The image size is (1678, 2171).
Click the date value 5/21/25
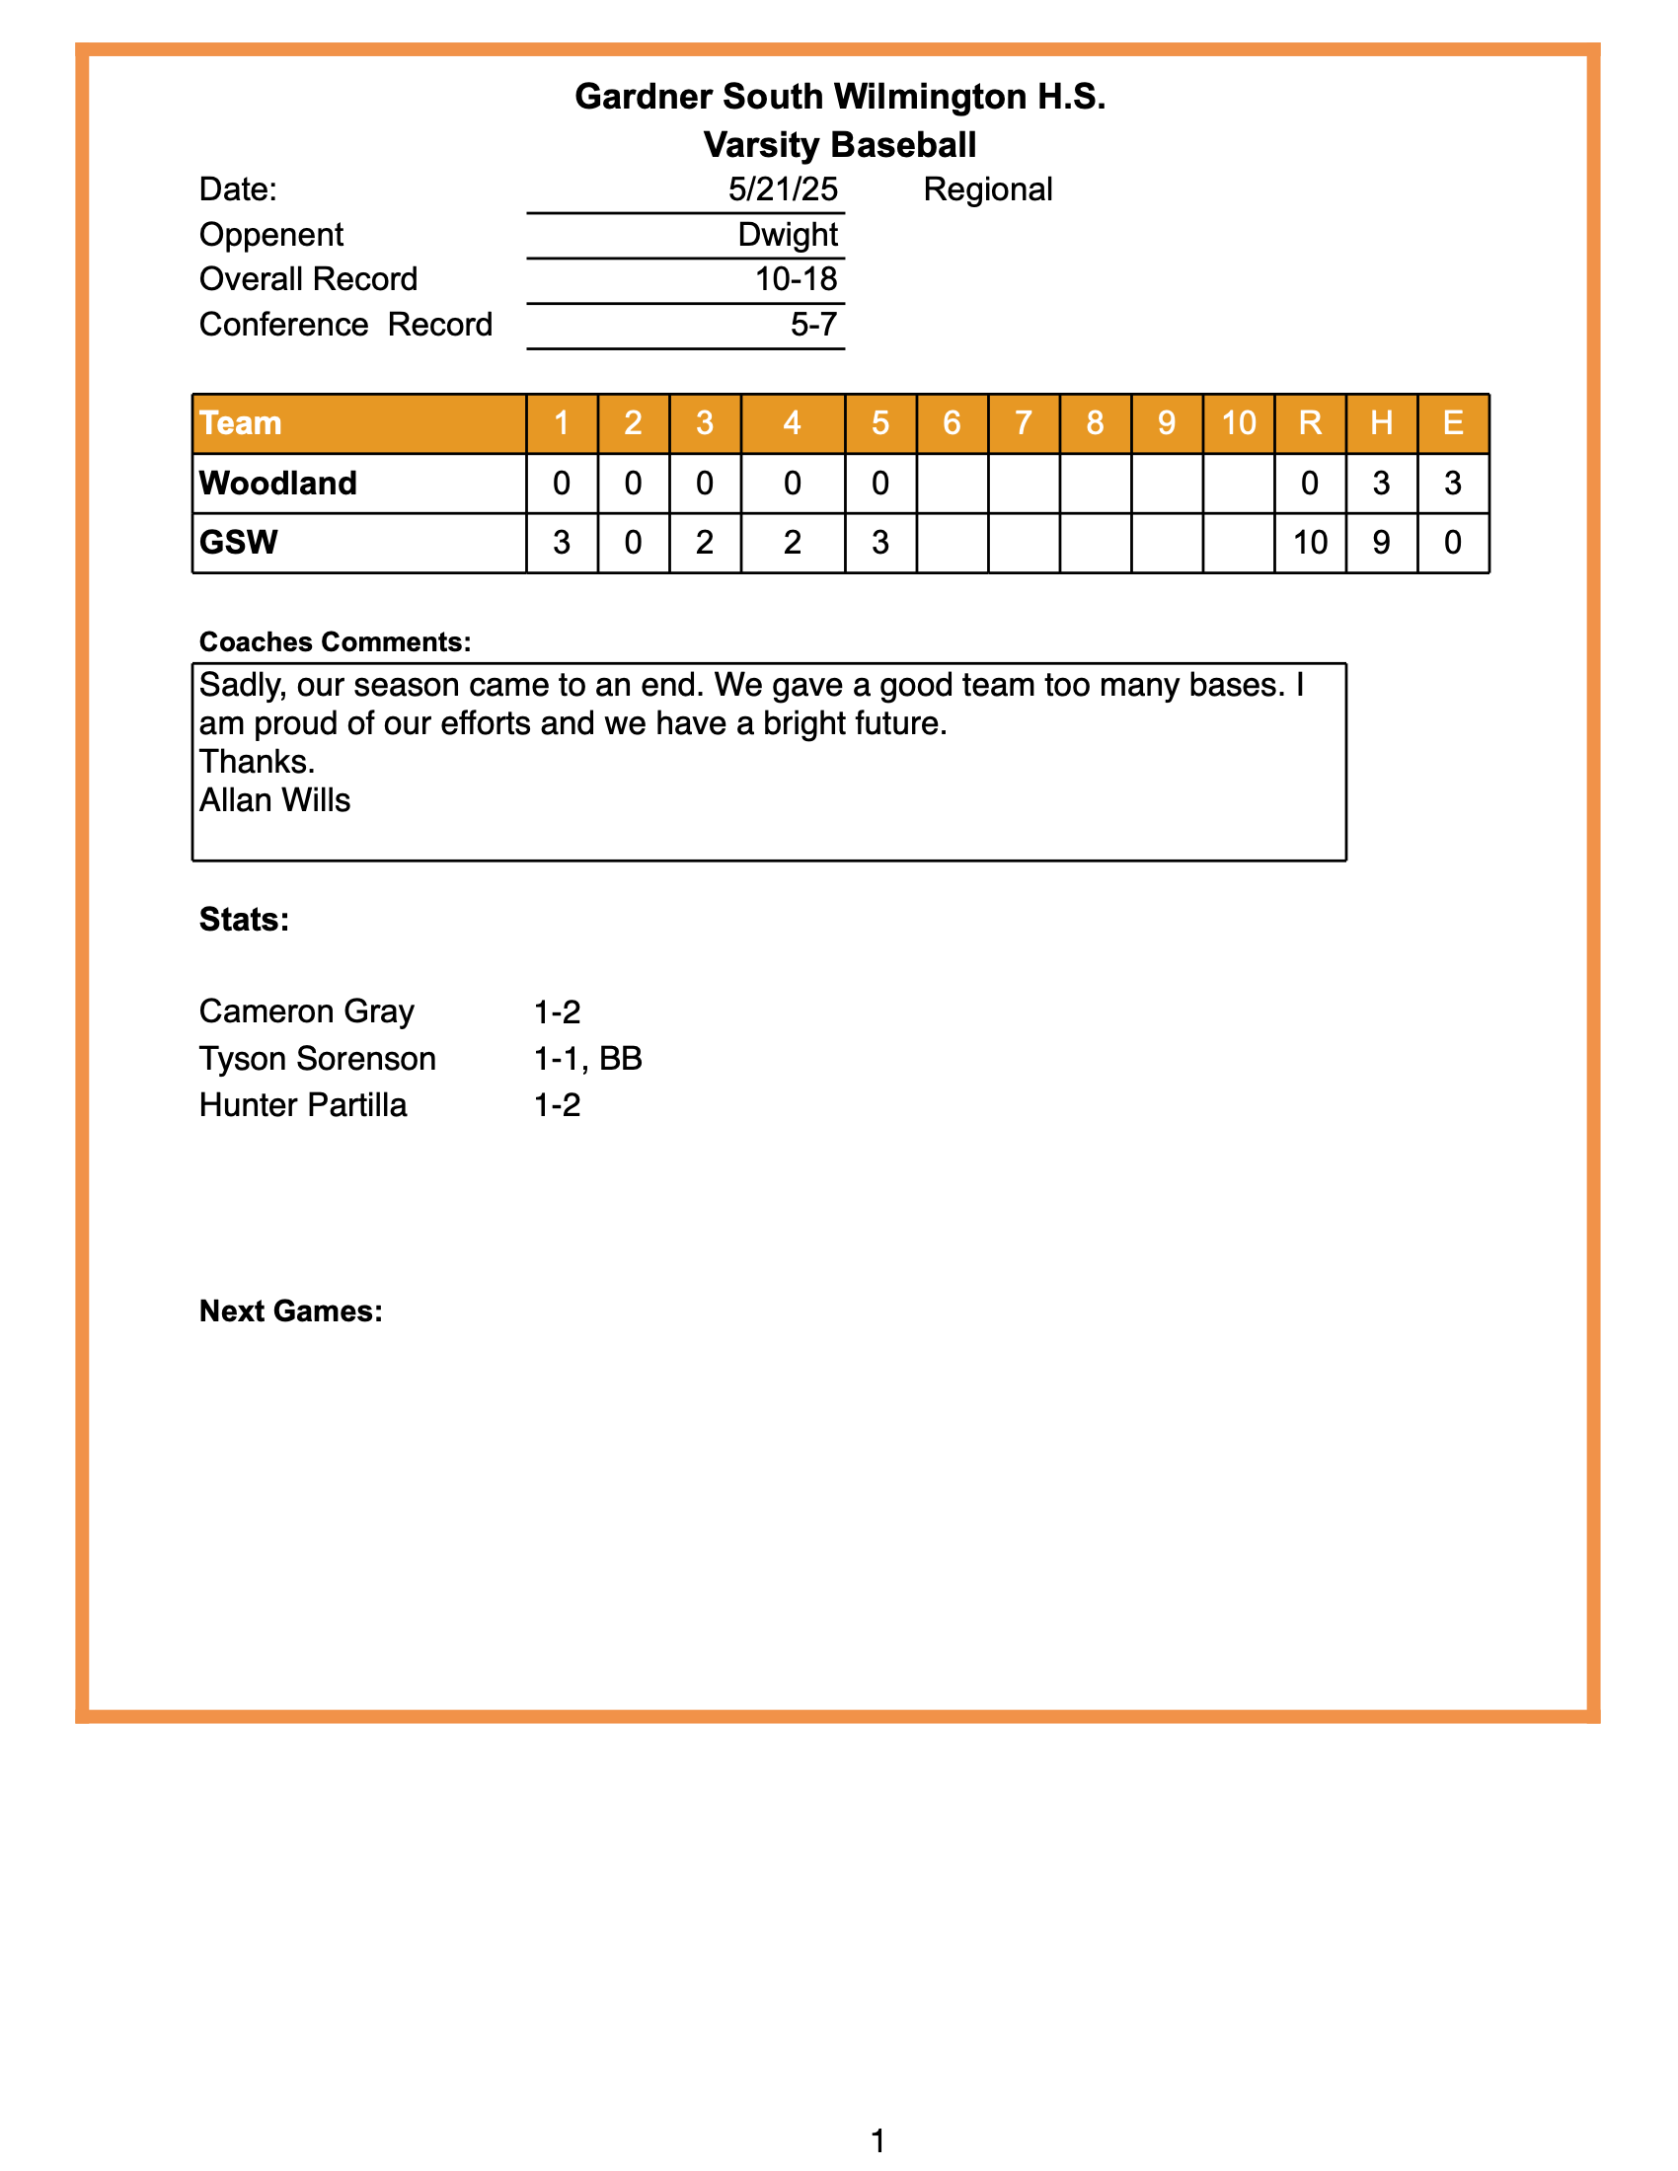click(x=783, y=189)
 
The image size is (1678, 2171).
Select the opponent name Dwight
click(x=788, y=235)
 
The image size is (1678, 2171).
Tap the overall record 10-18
click(x=796, y=279)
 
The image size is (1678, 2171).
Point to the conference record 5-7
click(x=813, y=325)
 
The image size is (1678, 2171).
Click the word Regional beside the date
click(x=987, y=189)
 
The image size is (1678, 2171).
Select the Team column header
click(x=241, y=423)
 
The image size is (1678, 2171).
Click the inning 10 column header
click(x=1238, y=423)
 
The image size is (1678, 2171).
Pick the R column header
click(x=1309, y=423)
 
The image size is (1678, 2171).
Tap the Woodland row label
click(x=278, y=484)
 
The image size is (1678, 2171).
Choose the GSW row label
click(x=239, y=543)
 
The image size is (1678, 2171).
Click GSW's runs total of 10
click(x=1309, y=543)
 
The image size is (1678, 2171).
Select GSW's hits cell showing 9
click(x=1381, y=543)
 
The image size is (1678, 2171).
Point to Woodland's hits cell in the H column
click(x=1381, y=484)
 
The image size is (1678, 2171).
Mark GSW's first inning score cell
click(x=562, y=543)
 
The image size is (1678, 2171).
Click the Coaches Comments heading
click(x=335, y=642)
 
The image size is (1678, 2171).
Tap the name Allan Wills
click(x=275, y=800)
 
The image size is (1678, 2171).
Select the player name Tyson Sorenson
click(x=317, y=1059)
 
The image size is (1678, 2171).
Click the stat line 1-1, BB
click(x=587, y=1059)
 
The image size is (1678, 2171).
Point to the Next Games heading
click(x=290, y=1311)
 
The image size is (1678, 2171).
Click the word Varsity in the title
click(x=760, y=145)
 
